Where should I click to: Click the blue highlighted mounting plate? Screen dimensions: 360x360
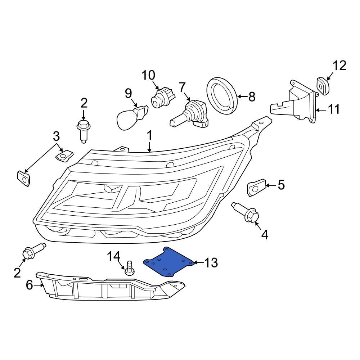[168, 262]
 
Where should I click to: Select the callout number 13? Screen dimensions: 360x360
[211, 263]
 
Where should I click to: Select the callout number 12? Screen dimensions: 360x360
[339, 66]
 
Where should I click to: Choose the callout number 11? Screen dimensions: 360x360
[334, 109]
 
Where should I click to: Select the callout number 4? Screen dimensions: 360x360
[264, 235]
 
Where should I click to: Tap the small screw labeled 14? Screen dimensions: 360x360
[129, 269]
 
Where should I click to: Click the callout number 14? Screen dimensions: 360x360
[113, 257]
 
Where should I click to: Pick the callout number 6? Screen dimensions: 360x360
[30, 285]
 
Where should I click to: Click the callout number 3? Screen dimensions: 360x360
[56, 136]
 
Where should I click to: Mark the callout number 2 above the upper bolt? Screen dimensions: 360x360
[84, 103]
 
